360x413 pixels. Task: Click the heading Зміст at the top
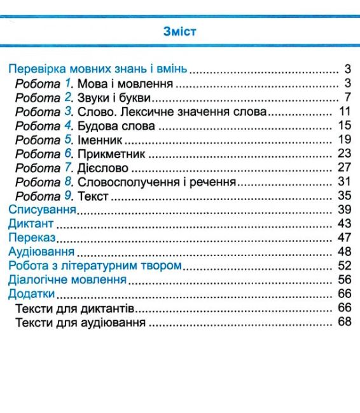click(x=180, y=30)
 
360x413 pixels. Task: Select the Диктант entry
click(x=31, y=224)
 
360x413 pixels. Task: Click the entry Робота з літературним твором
click(x=95, y=265)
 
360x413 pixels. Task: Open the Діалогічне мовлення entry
click(x=62, y=280)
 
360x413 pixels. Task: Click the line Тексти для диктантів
click(x=75, y=308)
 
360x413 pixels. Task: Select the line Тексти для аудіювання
click(x=81, y=322)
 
